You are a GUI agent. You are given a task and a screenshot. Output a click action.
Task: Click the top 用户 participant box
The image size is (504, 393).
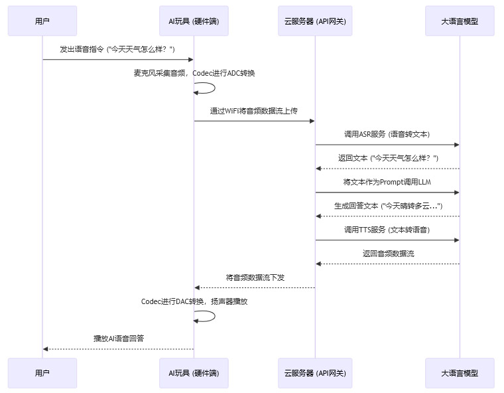tap(42, 21)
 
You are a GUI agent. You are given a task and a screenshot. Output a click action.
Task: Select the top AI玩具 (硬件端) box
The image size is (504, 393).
tap(194, 21)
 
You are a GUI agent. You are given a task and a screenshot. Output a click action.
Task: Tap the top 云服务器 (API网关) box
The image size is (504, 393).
tap(315, 21)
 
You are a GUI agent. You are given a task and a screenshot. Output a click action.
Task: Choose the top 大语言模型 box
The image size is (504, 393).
tap(460, 21)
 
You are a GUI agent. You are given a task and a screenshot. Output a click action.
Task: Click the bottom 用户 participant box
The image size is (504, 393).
tap(42, 373)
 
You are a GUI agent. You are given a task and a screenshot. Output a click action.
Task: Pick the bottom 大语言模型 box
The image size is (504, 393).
tap(460, 373)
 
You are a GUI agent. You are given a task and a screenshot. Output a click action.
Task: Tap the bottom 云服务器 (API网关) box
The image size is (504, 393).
tap(315, 373)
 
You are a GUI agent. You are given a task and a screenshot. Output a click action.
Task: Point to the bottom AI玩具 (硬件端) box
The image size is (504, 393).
tap(194, 373)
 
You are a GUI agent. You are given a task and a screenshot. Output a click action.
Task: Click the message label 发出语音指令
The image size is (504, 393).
tap(117, 49)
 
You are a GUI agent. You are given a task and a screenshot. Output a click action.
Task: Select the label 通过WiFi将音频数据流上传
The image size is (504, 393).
tap(254, 111)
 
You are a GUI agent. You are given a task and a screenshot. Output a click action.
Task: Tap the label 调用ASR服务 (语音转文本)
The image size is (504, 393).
tap(387, 134)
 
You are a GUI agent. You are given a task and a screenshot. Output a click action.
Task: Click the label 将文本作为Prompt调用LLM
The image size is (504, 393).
tap(387, 182)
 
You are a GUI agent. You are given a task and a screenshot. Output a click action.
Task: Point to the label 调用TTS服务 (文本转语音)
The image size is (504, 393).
tap(387, 230)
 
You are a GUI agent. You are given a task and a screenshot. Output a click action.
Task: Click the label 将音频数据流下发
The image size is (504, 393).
tap(255, 277)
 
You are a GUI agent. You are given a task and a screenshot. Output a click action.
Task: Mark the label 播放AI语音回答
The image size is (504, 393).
tap(119, 339)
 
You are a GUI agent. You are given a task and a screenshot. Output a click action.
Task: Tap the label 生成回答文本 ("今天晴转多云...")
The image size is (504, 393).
tap(388, 206)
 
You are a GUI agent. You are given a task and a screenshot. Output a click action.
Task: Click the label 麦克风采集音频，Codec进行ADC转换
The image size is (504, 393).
tap(194, 73)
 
